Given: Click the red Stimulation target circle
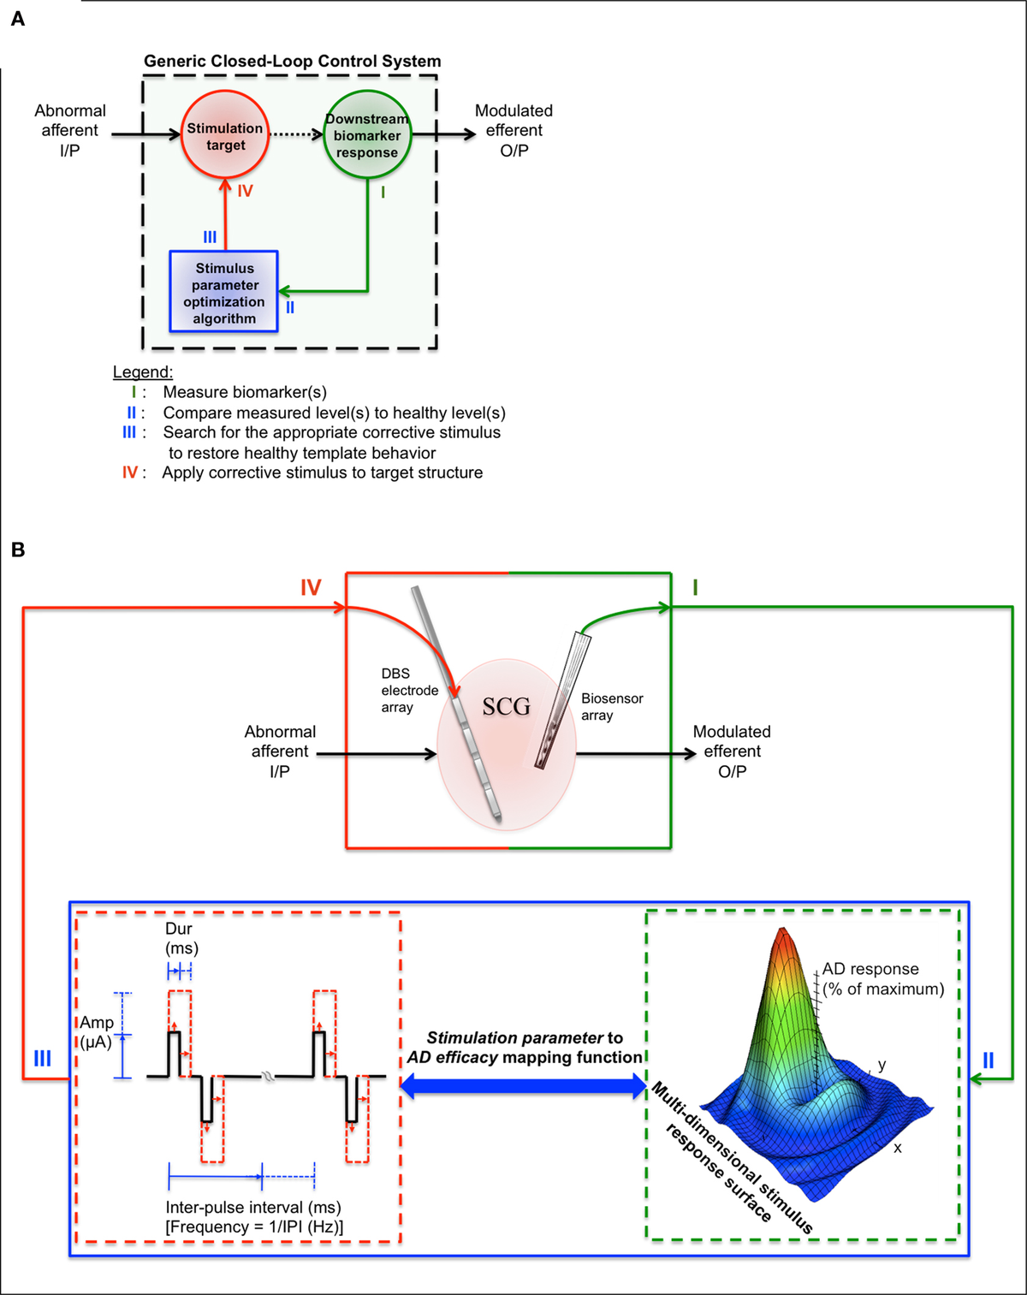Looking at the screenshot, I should [225, 135].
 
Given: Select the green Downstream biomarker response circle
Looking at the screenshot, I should [367, 134].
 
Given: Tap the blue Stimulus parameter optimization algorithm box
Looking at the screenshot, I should [224, 292].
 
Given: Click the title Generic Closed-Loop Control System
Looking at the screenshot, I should [292, 61].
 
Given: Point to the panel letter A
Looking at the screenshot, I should [18, 19].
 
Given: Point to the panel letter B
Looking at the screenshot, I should [18, 549].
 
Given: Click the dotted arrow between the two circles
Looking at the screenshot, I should [296, 134].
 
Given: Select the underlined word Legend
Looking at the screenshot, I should [142, 371].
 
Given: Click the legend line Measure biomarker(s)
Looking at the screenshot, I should [245, 392].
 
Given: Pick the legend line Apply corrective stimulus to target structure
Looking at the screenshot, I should [322, 472].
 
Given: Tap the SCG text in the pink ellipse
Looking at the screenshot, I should [506, 706].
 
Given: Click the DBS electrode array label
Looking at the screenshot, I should [409, 690].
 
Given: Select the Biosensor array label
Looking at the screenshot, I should [611, 706].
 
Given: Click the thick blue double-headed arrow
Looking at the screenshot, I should [524, 1086].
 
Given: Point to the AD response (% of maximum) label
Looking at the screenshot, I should [882, 978].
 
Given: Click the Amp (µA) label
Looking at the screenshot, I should [96, 1032].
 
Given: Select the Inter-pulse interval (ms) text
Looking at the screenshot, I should [253, 1207].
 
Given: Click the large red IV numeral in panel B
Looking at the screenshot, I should [310, 587].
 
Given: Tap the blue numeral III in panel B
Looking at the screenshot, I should [42, 1059].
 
